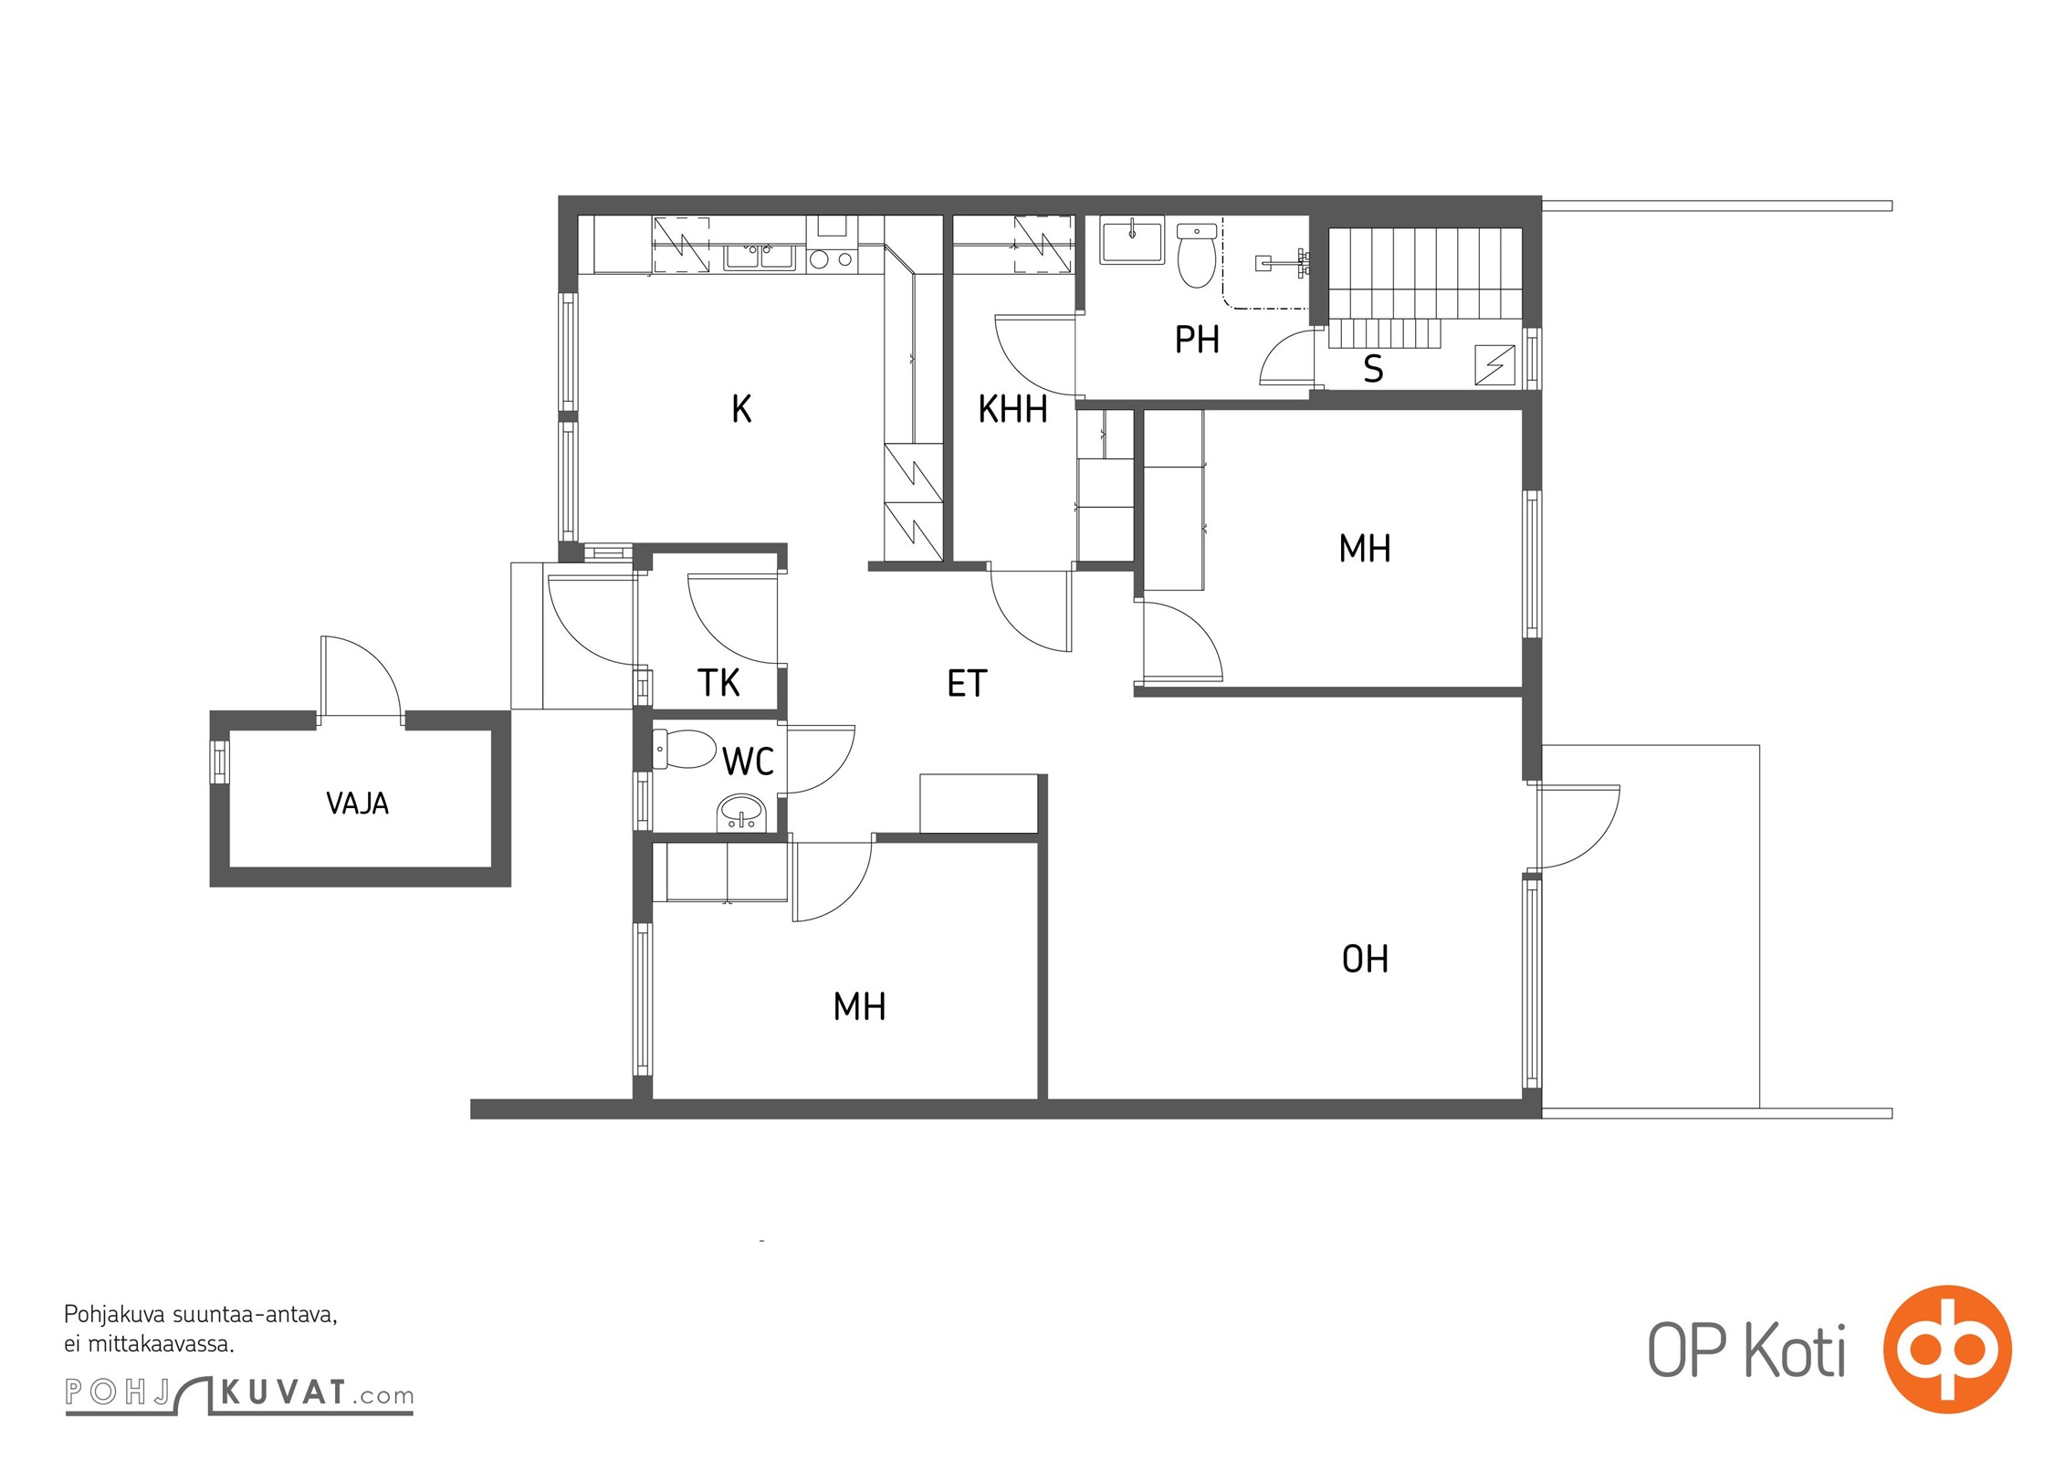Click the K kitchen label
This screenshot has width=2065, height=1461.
click(x=741, y=409)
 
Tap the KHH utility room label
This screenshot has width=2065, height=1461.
click(x=1012, y=409)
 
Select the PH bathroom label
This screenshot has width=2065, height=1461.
click(x=1197, y=340)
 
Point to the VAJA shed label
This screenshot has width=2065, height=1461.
click(x=357, y=804)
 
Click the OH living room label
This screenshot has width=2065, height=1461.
click(x=1365, y=959)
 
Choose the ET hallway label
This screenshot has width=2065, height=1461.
click(x=967, y=684)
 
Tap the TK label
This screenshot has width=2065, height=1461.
click(x=718, y=683)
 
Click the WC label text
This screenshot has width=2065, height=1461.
click(x=748, y=762)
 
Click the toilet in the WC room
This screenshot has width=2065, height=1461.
click(x=685, y=749)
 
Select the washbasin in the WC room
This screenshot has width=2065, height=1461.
click(x=741, y=812)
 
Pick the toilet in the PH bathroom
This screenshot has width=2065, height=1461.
click(x=1197, y=255)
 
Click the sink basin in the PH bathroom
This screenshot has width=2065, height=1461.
click(x=1132, y=239)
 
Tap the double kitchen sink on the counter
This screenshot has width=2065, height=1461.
click(x=760, y=257)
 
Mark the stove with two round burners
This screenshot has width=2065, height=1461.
click(x=831, y=259)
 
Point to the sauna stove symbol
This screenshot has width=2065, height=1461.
click(x=1494, y=364)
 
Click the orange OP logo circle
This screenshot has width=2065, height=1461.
click(x=1947, y=1350)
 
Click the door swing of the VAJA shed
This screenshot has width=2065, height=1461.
click(x=362, y=676)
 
